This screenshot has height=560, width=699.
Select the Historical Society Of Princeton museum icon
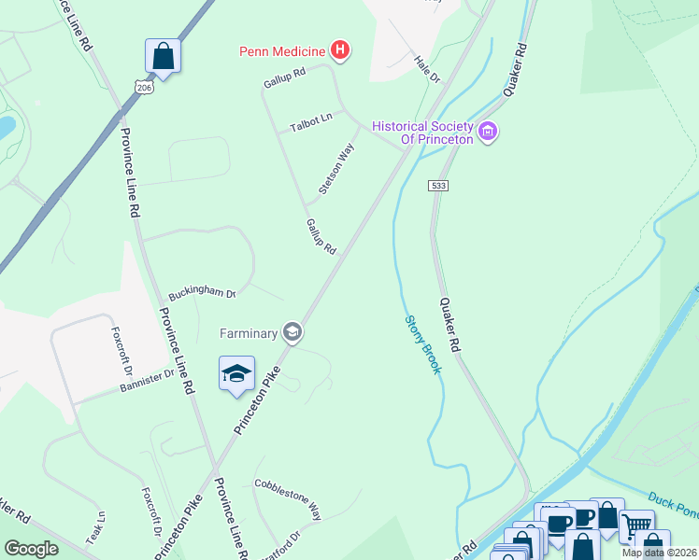[x=487, y=133]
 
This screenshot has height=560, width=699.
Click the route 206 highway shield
[x=143, y=87]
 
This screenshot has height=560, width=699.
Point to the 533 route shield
[x=439, y=186]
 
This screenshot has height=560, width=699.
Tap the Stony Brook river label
[x=422, y=344]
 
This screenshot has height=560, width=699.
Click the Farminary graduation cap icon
[x=292, y=332]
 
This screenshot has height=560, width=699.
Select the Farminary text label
[x=249, y=332]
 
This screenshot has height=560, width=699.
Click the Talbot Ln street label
[x=311, y=121]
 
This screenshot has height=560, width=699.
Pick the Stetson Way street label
[x=336, y=168]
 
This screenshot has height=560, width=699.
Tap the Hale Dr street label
[x=427, y=70]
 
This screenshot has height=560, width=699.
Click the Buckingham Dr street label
[x=203, y=292]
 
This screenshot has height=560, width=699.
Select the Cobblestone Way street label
[x=288, y=498]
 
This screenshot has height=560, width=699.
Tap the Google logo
[x=32, y=549]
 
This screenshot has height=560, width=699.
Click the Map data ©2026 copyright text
[x=659, y=553]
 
